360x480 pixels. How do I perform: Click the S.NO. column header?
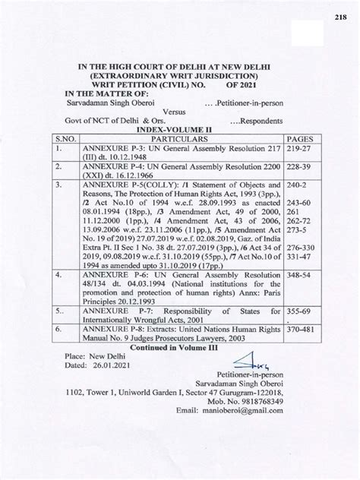click(x=65, y=141)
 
